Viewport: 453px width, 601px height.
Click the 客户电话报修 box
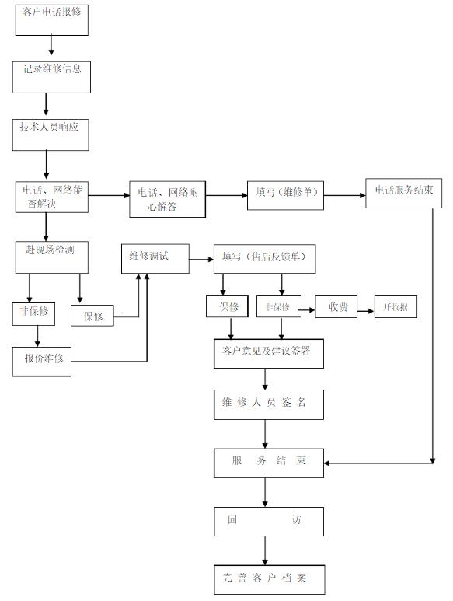click(52, 20)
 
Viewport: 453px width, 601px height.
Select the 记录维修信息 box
click(51, 77)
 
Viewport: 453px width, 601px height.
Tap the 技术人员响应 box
click(51, 135)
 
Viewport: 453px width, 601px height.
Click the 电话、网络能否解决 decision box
click(52, 197)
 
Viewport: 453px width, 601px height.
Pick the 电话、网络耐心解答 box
click(167, 199)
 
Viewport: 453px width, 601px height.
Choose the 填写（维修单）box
click(285, 195)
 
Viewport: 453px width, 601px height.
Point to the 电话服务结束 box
click(403, 193)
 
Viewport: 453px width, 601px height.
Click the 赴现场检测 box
click(52, 257)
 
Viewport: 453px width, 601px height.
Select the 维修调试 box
click(155, 259)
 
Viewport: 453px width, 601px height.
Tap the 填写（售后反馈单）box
click(265, 259)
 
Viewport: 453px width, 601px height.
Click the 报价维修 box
click(41, 362)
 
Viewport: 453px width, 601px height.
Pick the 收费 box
click(336, 306)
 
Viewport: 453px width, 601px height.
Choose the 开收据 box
click(396, 306)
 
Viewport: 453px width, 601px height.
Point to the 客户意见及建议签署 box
click(269, 354)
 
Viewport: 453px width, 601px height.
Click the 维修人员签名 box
click(269, 405)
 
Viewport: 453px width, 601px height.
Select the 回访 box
click(269, 522)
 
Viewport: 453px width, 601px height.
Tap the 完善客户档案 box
click(270, 580)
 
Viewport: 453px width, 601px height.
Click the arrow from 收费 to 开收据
click(366, 311)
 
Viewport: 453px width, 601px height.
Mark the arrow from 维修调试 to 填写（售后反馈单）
click(201, 260)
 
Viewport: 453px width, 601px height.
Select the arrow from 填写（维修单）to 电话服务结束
click(345, 195)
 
